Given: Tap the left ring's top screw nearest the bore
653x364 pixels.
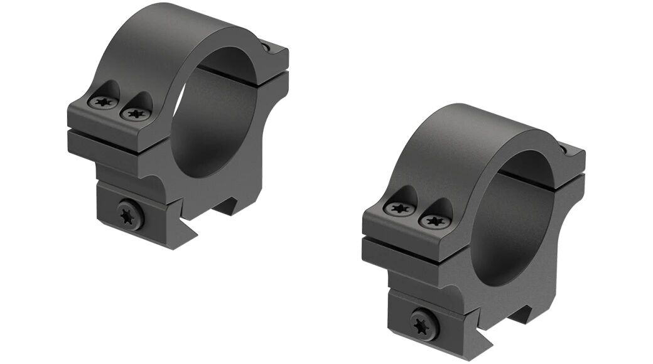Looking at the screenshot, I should pos(136,114).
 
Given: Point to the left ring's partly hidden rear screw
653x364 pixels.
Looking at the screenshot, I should pos(268,46).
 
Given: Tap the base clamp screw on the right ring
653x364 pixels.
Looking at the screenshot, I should pos(425,325).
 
